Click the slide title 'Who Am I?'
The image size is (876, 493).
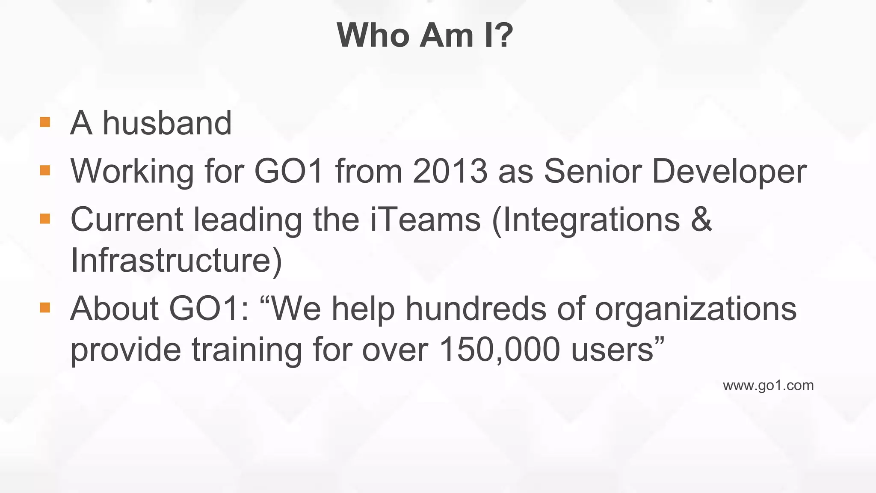point(425,35)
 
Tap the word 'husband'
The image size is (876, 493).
point(167,123)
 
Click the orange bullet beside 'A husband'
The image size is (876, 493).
point(45,122)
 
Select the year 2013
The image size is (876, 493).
point(450,171)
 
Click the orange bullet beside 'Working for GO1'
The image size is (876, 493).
point(45,171)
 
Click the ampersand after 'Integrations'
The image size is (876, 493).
point(701,219)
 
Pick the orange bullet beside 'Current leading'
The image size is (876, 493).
point(45,219)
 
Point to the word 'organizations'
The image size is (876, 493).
point(695,309)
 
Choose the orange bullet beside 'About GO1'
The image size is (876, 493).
point(45,308)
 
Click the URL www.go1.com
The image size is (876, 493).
point(768,386)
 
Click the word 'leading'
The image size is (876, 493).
point(248,220)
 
